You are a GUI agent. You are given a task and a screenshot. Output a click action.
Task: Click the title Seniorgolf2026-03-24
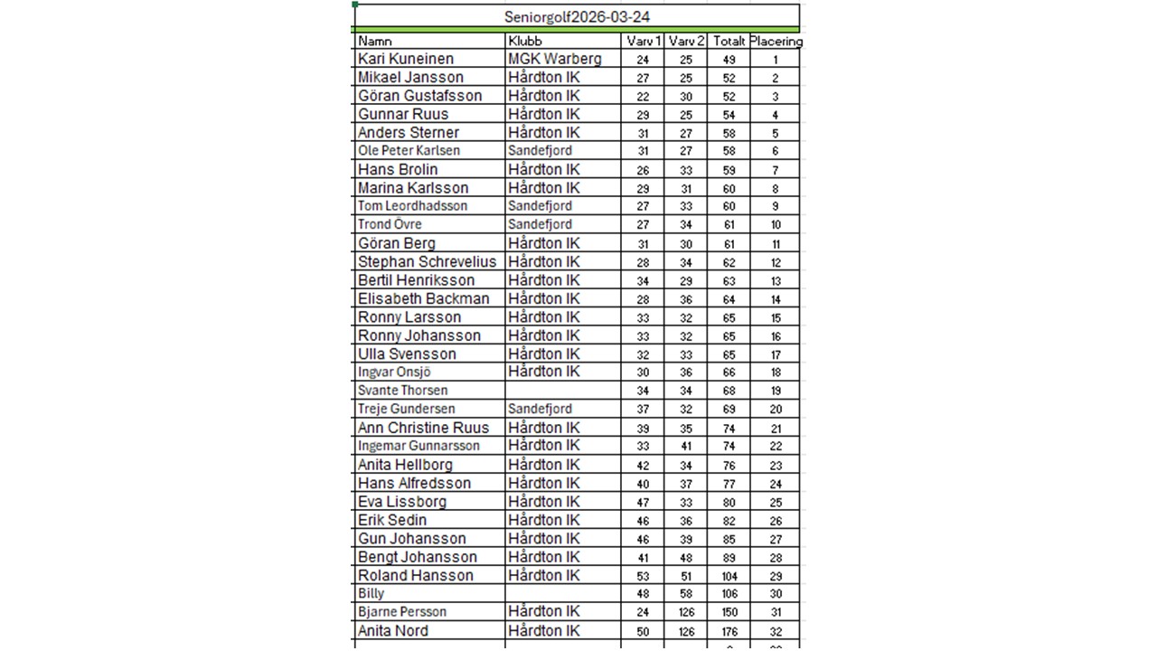pyautogui.click(x=577, y=17)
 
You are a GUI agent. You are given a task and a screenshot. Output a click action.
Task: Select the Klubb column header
pyautogui.click(x=524, y=42)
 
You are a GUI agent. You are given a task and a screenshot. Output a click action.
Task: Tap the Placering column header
pyautogui.click(x=776, y=42)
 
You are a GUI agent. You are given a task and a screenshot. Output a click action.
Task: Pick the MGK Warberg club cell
pyautogui.click(x=554, y=59)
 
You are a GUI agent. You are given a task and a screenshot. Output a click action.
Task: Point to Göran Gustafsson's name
pyautogui.click(x=419, y=96)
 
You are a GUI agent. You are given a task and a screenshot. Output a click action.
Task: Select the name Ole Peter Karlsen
pyautogui.click(x=409, y=151)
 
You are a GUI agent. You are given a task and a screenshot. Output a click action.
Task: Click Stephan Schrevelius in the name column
pyautogui.click(x=427, y=262)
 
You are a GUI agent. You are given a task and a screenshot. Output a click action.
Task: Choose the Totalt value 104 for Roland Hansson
pyautogui.click(x=729, y=576)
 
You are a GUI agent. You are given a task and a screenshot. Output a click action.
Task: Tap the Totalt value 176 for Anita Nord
pyautogui.click(x=729, y=631)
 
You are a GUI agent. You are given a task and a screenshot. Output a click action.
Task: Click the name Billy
pyautogui.click(x=372, y=594)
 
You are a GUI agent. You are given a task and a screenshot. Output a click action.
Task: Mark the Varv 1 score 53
pyautogui.click(x=643, y=576)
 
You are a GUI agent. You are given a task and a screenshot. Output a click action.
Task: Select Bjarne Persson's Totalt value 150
pyautogui.click(x=729, y=612)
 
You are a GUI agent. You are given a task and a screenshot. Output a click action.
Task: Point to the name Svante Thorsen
pyautogui.click(x=402, y=391)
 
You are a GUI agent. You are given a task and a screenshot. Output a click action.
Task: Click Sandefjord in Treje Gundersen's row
pyautogui.click(x=540, y=409)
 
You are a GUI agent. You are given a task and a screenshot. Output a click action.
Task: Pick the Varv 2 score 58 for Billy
pyautogui.click(x=686, y=594)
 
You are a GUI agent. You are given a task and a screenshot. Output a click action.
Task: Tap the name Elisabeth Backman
pyautogui.click(x=423, y=298)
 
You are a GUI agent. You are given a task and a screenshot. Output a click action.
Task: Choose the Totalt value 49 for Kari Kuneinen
pyautogui.click(x=729, y=60)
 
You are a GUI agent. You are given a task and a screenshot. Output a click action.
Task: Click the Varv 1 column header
pyautogui.click(x=643, y=42)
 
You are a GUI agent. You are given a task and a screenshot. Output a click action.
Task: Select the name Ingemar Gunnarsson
pyautogui.click(x=419, y=446)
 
